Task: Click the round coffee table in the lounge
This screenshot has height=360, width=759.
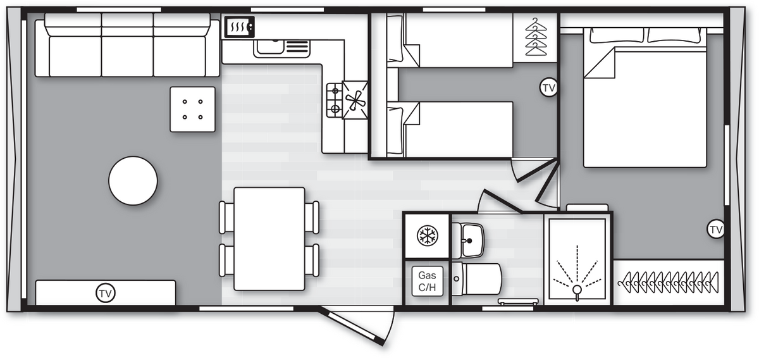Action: click(133, 181)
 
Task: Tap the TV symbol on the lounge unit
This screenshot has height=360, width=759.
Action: click(106, 293)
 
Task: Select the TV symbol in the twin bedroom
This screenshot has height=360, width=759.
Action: click(548, 87)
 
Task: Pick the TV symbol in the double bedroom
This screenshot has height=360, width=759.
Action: click(715, 229)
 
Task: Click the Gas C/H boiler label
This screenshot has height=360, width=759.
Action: click(428, 282)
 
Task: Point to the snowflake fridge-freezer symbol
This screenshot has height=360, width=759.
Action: click(428, 235)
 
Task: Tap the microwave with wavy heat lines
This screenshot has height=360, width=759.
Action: click(239, 27)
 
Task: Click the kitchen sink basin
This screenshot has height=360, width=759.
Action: click(270, 47)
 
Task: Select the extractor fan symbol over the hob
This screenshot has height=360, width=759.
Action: click(355, 100)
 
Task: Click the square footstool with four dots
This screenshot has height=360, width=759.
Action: click(192, 109)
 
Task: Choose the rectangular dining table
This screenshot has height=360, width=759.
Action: click(269, 239)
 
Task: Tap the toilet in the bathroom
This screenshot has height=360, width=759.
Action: click(477, 279)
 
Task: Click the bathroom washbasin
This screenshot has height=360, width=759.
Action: click(469, 240)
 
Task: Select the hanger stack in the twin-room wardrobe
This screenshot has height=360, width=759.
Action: click(536, 37)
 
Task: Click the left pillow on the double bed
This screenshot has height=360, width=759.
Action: click(616, 35)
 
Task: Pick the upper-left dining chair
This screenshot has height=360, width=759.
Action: click(226, 218)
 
